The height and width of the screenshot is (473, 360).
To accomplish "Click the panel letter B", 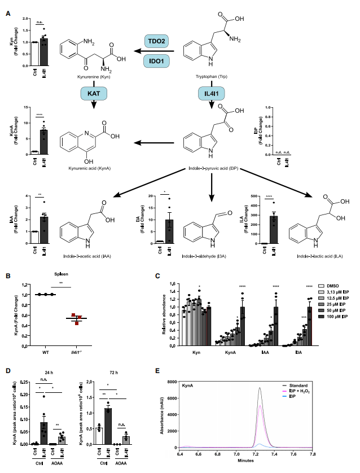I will [8, 277].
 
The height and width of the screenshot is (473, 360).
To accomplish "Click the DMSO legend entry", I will [332, 286].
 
